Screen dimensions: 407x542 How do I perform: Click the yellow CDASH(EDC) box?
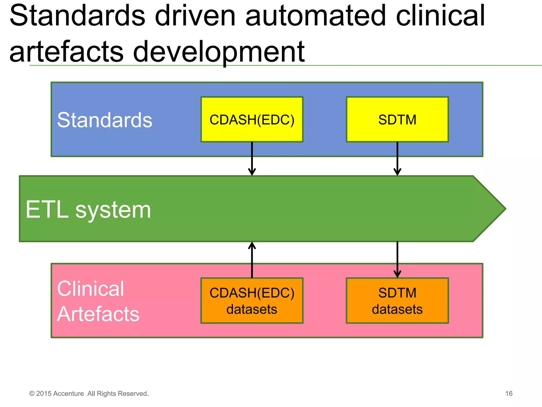pyautogui.click(x=252, y=120)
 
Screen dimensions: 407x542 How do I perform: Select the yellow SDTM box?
pyautogui.click(x=397, y=120)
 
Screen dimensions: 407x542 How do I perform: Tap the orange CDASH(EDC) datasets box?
pyautogui.click(x=252, y=301)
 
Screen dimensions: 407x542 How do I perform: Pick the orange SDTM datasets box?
pyautogui.click(x=397, y=301)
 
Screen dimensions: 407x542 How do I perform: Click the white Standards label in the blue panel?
pyautogui.click(x=105, y=120)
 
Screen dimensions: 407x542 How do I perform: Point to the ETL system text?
pyautogui.click(x=88, y=210)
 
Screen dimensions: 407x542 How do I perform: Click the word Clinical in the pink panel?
pyautogui.click(x=90, y=289)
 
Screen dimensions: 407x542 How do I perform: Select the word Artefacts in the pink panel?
pyautogui.click(x=98, y=314)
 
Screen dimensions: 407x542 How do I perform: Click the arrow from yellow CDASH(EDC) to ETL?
pyautogui.click(x=252, y=159)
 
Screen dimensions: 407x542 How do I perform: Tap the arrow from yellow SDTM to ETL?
pyautogui.click(x=397, y=159)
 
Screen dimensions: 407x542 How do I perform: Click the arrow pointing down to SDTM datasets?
pyautogui.click(x=397, y=260)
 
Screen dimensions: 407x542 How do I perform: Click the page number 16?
pyautogui.click(x=509, y=393)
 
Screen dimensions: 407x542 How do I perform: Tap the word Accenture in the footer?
pyautogui.click(x=69, y=394)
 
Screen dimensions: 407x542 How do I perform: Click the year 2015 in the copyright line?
pyautogui.click(x=44, y=394)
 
